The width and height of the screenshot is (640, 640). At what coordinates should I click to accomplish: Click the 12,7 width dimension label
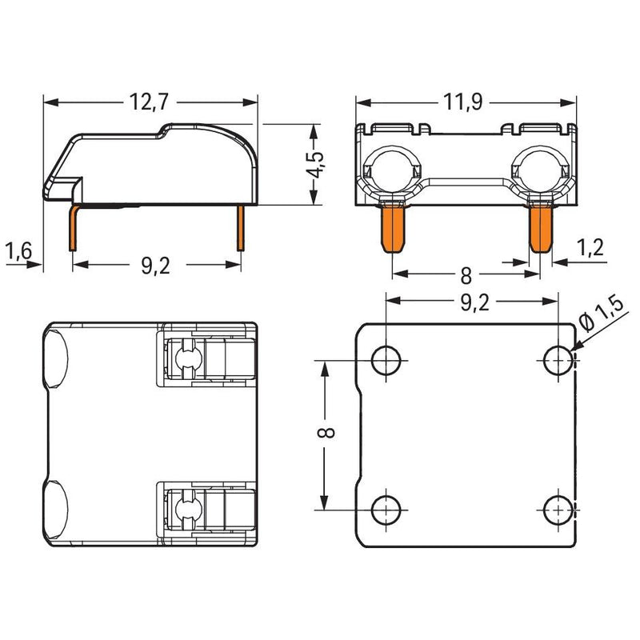pos(149,102)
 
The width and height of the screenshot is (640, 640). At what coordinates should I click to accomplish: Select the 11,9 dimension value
pos(463,102)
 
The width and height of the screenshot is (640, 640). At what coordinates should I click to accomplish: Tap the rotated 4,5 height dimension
pos(316,165)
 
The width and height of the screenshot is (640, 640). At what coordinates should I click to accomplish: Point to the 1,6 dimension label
pos(18,250)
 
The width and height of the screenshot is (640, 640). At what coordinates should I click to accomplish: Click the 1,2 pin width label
pos(590,247)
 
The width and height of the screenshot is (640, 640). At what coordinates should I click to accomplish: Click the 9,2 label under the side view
pos(156,266)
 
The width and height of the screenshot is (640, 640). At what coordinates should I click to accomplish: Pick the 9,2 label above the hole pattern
pos(475,303)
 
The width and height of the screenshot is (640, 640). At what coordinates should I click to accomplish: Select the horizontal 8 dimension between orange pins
pos(466,276)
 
